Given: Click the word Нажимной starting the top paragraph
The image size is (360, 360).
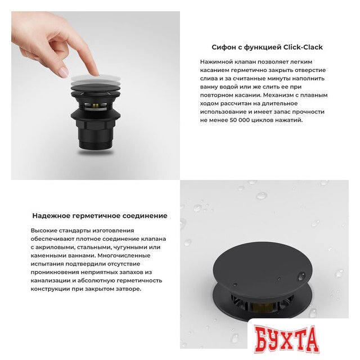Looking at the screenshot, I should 216,61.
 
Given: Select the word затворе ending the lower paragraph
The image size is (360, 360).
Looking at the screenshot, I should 125,289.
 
